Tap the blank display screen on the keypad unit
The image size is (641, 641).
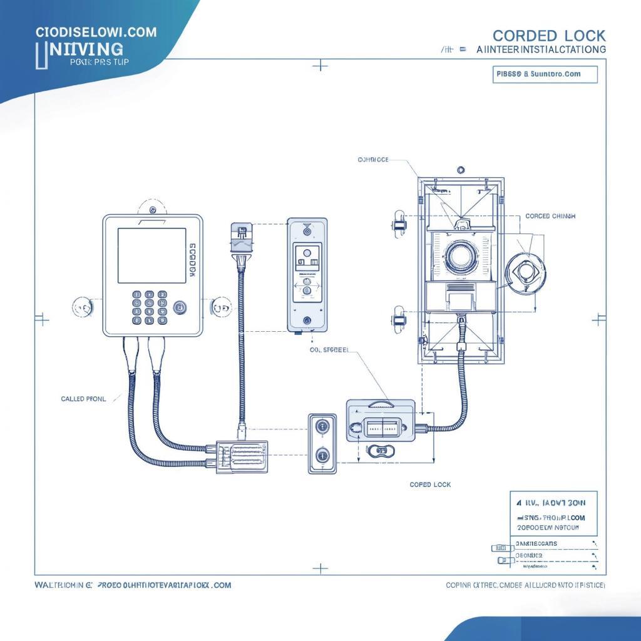[152, 255]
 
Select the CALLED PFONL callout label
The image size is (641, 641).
[83, 398]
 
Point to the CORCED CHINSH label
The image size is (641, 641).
[550, 216]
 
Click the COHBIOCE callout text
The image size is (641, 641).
[373, 160]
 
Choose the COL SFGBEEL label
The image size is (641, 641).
[329, 351]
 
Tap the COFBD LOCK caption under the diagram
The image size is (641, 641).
[430, 485]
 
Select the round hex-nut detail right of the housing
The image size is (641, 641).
[525, 273]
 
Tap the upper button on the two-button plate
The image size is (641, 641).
[322, 427]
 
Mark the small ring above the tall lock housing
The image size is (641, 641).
[461, 170]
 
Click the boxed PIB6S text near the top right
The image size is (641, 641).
[538, 74]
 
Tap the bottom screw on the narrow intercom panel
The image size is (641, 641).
[307, 320]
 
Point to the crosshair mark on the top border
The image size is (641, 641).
[320, 65]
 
